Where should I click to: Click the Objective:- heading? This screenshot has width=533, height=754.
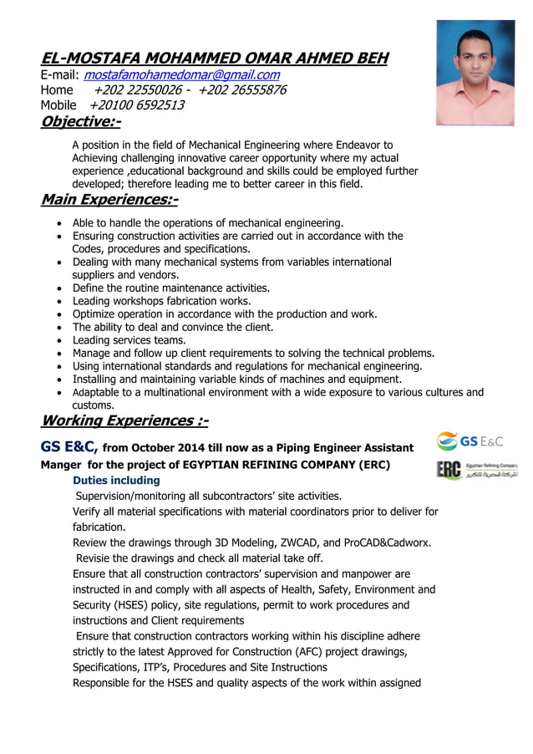[x=80, y=122]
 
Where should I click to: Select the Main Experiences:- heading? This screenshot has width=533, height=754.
[x=109, y=201]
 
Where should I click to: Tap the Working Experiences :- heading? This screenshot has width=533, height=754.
[x=124, y=420]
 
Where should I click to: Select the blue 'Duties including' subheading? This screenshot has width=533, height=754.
[x=116, y=481]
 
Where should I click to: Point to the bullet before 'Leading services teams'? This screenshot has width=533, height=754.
[x=56, y=341]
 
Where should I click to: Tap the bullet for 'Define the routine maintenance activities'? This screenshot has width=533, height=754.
[x=56, y=288]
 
